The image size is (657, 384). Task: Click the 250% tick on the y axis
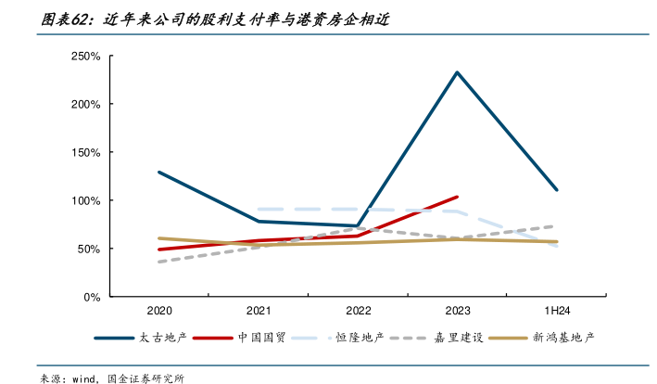[85, 57]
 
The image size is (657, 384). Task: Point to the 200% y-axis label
[85, 104]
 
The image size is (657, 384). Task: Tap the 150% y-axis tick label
[85, 152]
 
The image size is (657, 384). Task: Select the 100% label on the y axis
[85, 200]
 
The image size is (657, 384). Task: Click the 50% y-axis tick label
[88, 249]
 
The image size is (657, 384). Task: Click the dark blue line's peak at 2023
[457, 72]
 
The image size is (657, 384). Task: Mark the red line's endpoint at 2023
[457, 197]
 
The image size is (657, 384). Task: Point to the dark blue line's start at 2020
[158, 172]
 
